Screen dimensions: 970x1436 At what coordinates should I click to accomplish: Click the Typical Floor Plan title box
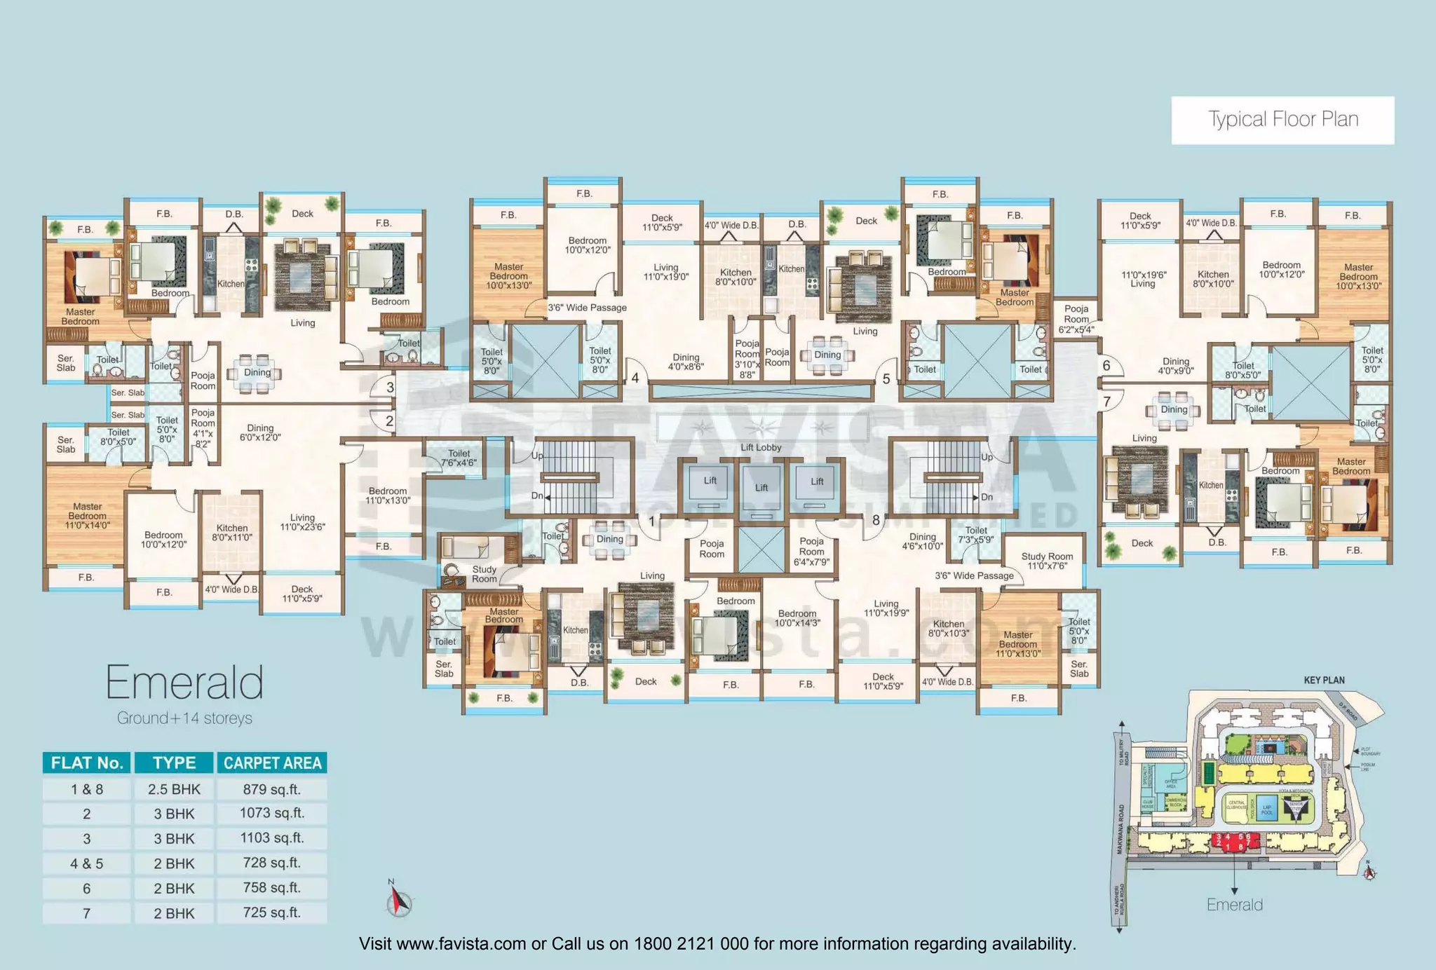click(1282, 120)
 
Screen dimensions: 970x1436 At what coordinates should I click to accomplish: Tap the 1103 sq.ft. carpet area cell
click(272, 838)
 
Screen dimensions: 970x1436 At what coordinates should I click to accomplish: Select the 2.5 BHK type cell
click(174, 789)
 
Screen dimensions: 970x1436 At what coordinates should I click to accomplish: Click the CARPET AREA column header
click(272, 763)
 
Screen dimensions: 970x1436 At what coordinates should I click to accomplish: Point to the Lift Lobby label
click(761, 447)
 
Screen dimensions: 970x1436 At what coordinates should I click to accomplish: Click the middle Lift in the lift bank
click(761, 489)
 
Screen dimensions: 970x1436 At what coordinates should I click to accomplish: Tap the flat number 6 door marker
click(1106, 365)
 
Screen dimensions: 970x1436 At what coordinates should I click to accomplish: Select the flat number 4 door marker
click(635, 378)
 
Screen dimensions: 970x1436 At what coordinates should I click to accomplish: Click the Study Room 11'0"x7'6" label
click(1047, 561)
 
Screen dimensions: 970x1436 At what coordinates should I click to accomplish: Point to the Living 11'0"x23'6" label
click(302, 522)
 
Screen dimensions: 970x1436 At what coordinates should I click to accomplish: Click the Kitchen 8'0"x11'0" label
click(232, 533)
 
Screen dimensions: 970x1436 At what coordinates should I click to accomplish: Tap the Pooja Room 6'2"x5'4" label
click(1076, 319)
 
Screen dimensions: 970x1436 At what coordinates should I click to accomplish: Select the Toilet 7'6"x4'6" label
click(459, 458)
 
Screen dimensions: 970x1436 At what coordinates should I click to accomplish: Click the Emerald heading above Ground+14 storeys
click(184, 683)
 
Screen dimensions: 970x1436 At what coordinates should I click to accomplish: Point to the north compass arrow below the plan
click(398, 900)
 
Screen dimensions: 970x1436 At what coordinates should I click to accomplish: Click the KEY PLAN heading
click(1324, 680)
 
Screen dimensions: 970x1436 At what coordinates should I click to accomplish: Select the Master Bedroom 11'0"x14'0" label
click(88, 516)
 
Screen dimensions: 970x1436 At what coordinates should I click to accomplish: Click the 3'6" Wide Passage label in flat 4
click(587, 308)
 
